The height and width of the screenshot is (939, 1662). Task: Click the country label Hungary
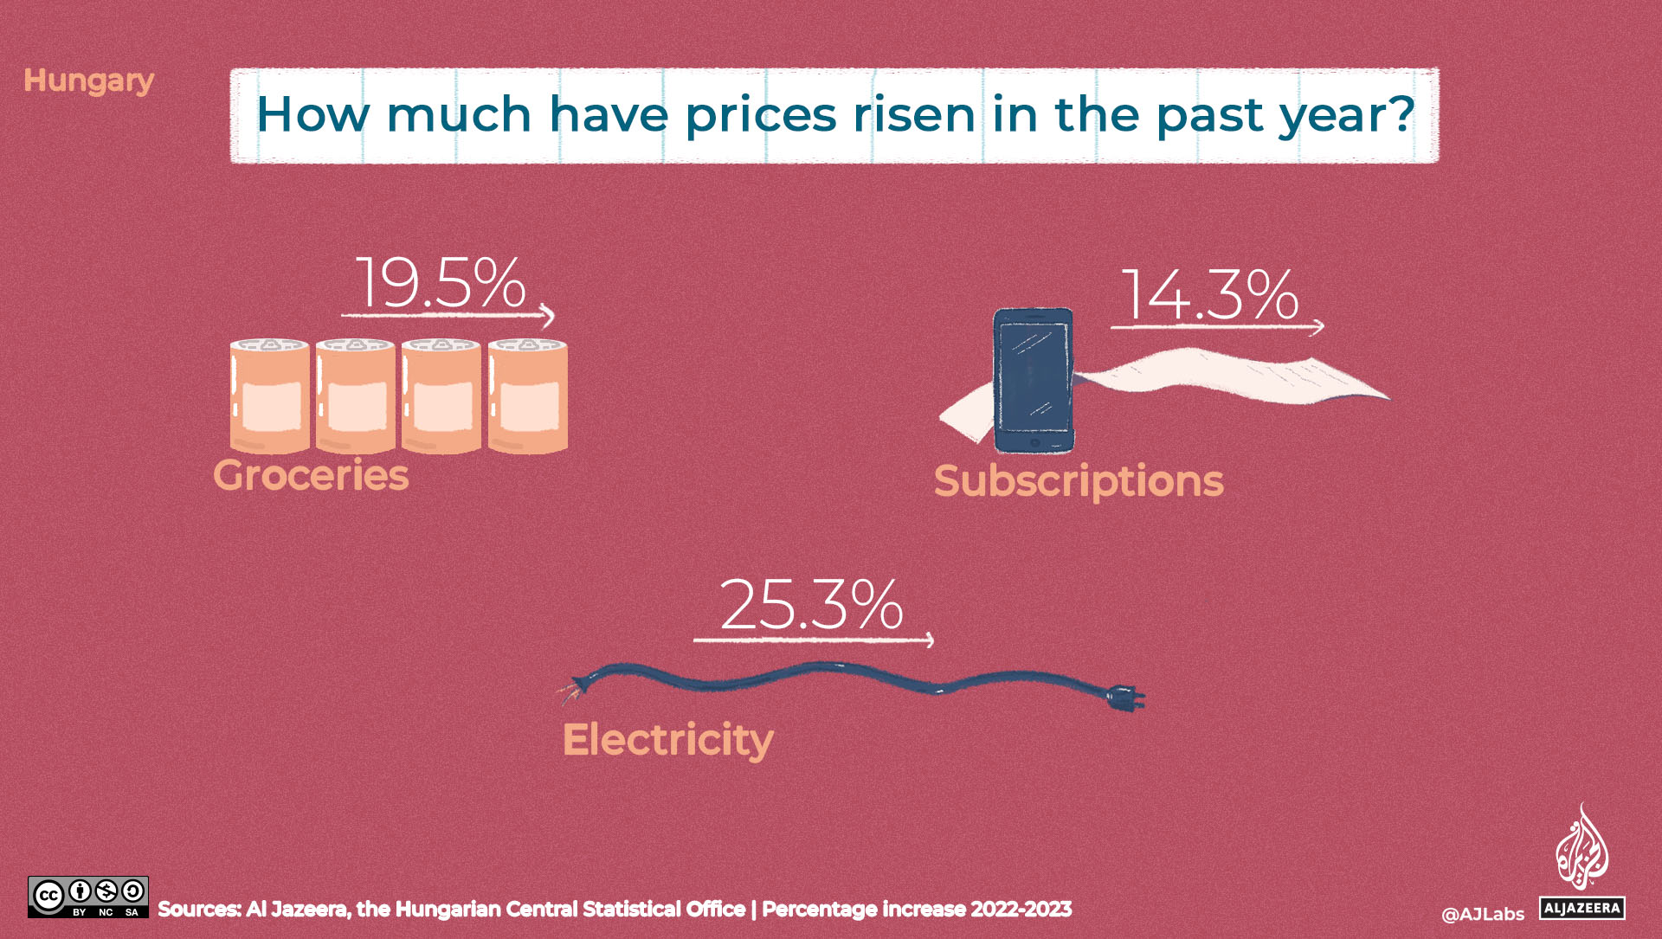click(88, 80)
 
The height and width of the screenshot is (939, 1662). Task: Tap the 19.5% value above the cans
click(441, 283)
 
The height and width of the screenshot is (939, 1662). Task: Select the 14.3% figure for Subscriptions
click(1209, 295)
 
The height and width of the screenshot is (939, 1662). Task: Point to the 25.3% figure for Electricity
click(811, 605)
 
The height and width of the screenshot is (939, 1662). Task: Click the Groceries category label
click(311, 476)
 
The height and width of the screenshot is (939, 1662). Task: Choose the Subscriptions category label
click(1079, 481)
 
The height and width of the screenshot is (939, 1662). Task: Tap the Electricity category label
click(667, 740)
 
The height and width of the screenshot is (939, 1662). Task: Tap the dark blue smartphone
click(1034, 381)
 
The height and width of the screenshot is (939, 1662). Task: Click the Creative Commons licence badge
click(88, 897)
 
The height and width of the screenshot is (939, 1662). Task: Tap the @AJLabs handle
click(1483, 914)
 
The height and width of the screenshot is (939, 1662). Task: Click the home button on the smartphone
click(1034, 442)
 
